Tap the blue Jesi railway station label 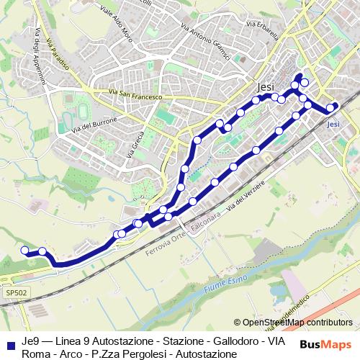tap(333, 124)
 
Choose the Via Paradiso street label tap(57, 53)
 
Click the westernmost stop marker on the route tap(24, 251)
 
